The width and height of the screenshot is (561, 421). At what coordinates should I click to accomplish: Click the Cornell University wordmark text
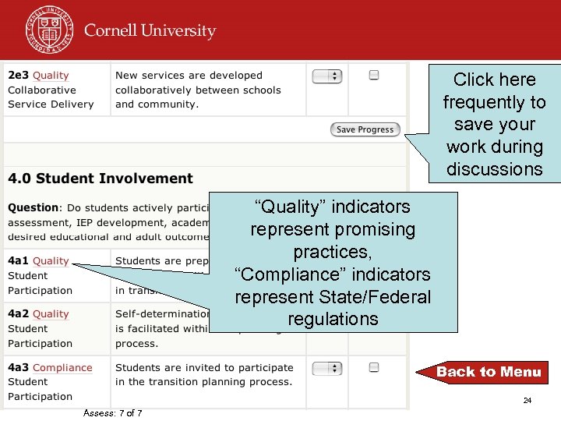click(150, 31)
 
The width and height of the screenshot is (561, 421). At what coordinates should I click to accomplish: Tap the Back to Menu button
click(489, 372)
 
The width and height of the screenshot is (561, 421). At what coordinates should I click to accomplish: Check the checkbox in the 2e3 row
click(374, 76)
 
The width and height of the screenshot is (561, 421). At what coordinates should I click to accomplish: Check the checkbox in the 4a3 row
click(374, 367)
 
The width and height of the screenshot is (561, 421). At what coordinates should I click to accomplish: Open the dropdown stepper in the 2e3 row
click(327, 76)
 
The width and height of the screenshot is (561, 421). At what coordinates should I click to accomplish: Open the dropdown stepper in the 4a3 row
click(327, 368)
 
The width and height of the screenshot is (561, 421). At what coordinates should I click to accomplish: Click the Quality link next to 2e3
click(51, 76)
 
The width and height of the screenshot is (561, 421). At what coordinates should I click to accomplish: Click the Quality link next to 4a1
click(51, 261)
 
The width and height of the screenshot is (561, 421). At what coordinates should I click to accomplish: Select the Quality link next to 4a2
click(51, 314)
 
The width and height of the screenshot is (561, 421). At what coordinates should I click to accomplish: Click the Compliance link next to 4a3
click(63, 368)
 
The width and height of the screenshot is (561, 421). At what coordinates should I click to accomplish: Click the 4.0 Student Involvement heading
click(101, 179)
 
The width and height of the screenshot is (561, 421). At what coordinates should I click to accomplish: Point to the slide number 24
click(527, 401)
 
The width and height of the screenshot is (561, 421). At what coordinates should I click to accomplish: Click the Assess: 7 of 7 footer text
click(112, 413)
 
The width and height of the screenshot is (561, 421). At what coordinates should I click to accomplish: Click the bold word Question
click(34, 208)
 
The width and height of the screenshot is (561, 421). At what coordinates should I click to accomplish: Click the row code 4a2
click(19, 314)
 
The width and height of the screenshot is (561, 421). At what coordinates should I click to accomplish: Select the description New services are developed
click(189, 76)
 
